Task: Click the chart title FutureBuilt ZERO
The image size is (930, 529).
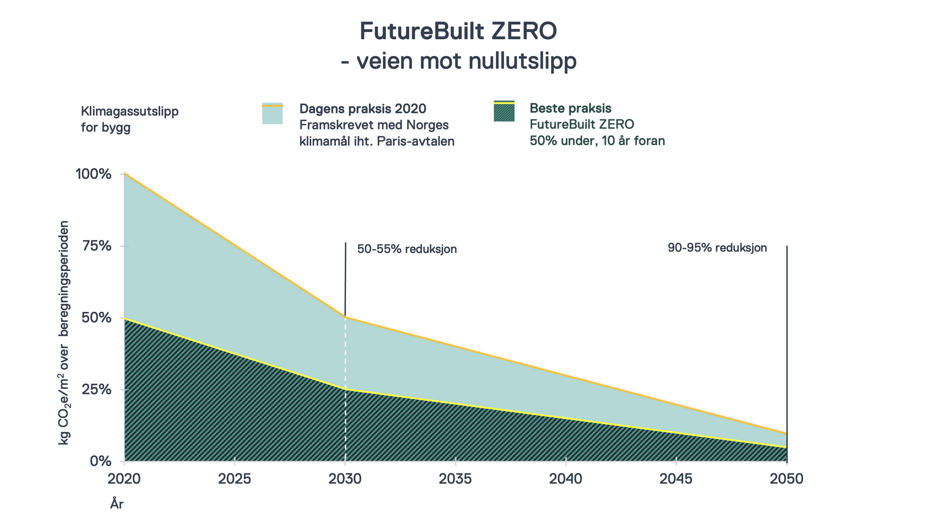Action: pyautogui.click(x=458, y=31)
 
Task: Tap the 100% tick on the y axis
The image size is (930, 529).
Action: pyautogui.click(x=93, y=174)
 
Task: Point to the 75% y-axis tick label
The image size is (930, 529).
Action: pyautogui.click(x=96, y=246)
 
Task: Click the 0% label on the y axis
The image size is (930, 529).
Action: pyautogui.click(x=100, y=461)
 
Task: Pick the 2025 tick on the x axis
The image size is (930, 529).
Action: pyautogui.click(x=234, y=479)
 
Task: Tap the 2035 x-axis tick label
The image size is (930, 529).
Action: pyautogui.click(x=455, y=479)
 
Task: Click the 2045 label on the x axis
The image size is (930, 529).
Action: pyautogui.click(x=676, y=479)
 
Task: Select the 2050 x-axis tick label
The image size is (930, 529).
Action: pyautogui.click(x=786, y=479)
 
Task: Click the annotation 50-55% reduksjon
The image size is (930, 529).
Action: pyautogui.click(x=407, y=249)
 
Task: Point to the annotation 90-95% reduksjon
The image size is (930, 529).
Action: pyautogui.click(x=717, y=248)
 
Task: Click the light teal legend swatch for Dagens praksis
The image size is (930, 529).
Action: pyautogui.click(x=272, y=114)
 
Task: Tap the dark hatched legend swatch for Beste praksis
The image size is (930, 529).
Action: pyautogui.click(x=504, y=112)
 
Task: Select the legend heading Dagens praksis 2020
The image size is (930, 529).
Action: pyautogui.click(x=363, y=109)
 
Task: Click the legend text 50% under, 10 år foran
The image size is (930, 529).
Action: pyautogui.click(x=597, y=141)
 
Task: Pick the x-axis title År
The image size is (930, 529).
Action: pyautogui.click(x=117, y=505)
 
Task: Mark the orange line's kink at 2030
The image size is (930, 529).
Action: pyautogui.click(x=345, y=318)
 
